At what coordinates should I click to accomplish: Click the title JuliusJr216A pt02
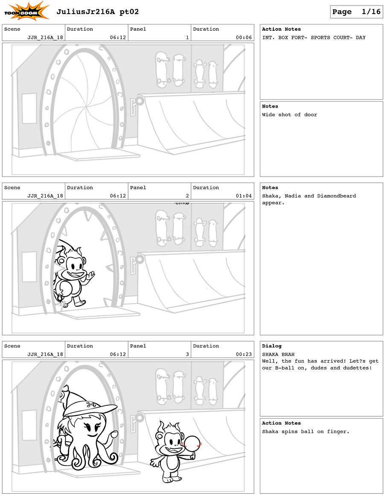(x=97, y=12)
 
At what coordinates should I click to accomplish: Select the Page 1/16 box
(x=356, y=12)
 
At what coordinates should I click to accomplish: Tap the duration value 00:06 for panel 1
(x=244, y=38)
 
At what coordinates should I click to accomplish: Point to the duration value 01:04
(x=244, y=196)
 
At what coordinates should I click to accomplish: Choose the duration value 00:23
(x=244, y=354)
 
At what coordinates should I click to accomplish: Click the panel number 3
(x=187, y=354)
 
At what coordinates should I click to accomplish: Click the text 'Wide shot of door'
(x=289, y=115)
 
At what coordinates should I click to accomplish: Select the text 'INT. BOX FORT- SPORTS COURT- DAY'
(x=314, y=38)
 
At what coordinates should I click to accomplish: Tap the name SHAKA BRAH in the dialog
(x=278, y=354)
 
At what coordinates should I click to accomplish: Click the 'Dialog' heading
(x=272, y=346)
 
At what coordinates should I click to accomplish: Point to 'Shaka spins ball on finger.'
(x=305, y=431)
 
